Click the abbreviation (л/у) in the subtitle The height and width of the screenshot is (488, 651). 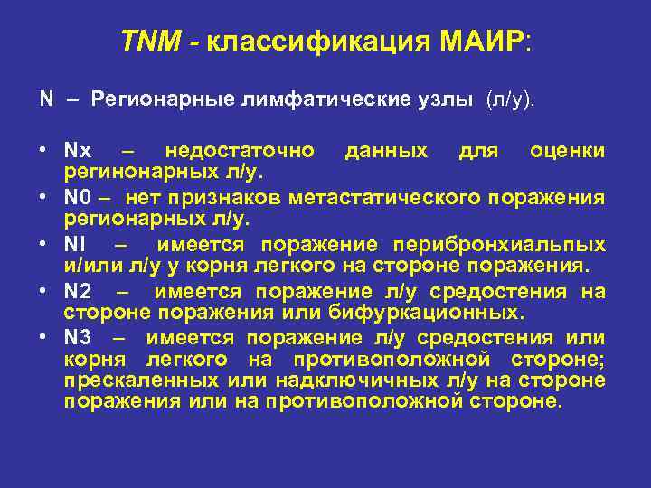point(511,98)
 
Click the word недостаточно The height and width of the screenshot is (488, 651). point(240,150)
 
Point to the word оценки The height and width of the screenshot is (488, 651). point(567,150)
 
